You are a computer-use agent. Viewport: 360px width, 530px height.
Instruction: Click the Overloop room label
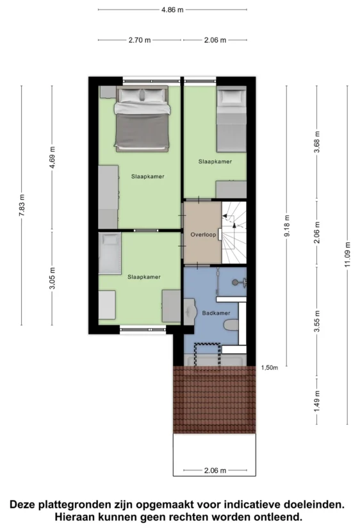coord(203,235)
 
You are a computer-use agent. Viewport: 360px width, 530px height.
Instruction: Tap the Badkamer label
coord(216,313)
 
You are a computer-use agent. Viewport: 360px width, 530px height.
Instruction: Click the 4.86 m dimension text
coord(172,10)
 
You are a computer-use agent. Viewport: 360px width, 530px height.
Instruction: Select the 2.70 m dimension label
coord(140,40)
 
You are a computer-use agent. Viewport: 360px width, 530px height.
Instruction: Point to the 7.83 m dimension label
coord(22,206)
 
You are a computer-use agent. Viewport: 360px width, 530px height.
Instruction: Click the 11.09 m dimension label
coord(347,254)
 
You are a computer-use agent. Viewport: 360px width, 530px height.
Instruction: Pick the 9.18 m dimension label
coord(287,226)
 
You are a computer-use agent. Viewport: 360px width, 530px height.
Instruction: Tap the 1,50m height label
coord(270,368)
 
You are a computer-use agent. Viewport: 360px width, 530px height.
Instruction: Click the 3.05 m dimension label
coord(52,278)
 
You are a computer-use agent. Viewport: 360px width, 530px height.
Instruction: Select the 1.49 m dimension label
coord(317,401)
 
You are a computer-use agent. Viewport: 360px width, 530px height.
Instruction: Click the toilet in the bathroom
coord(231,325)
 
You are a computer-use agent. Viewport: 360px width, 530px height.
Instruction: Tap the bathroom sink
coord(190,311)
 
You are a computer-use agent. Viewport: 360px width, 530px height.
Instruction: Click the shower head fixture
coord(239,282)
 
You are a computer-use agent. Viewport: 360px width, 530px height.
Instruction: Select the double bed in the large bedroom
coord(142,119)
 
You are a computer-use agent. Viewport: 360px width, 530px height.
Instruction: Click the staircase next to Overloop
coord(234,233)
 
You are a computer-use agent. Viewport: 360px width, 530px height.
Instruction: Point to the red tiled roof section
coord(215,399)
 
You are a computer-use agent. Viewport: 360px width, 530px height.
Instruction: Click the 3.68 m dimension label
coord(317,142)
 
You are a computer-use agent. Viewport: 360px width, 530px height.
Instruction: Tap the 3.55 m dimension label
coord(317,321)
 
